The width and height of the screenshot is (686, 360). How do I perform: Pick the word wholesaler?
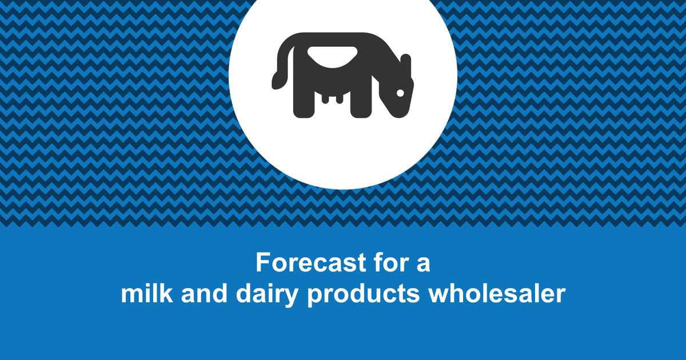pos(497,294)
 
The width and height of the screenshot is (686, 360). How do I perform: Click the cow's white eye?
pos(401,93)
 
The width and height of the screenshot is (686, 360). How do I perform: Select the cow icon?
pos(342,74)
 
